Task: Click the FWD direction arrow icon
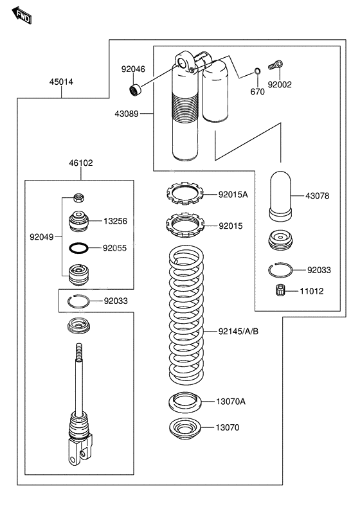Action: pyautogui.click(x=22, y=15)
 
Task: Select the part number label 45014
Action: pyautogui.click(x=62, y=82)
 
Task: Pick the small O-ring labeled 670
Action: pyautogui.click(x=256, y=71)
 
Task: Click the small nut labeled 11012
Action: pyautogui.click(x=280, y=290)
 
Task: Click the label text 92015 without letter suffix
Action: pyautogui.click(x=230, y=226)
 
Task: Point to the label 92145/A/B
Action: pyautogui.click(x=238, y=332)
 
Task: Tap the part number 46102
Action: pyautogui.click(x=82, y=163)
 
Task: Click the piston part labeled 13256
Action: pyautogui.click(x=78, y=222)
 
